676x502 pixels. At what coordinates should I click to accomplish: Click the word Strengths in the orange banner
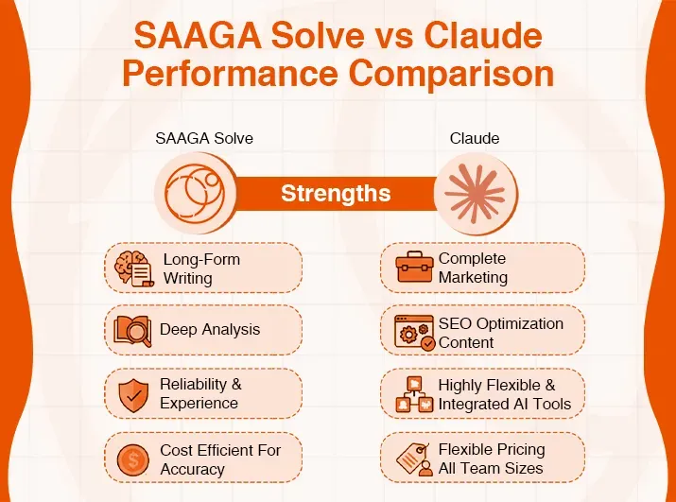(336, 194)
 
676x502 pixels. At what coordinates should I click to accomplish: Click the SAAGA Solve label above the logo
(204, 138)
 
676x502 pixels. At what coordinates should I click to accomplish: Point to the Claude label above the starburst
(475, 138)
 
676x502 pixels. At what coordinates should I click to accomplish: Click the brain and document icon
(132, 268)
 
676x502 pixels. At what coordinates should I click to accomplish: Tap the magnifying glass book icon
(132, 330)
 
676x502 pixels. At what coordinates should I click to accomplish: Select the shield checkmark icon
(132, 394)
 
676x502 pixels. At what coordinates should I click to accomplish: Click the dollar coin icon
(132, 459)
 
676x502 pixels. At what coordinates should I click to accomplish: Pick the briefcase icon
(414, 268)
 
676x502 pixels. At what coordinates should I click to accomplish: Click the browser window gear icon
(414, 333)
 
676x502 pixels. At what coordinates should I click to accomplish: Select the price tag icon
(414, 459)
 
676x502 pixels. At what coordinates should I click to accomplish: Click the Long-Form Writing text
(201, 268)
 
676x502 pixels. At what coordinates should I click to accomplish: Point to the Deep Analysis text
(210, 330)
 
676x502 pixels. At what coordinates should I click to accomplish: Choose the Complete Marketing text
(473, 268)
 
